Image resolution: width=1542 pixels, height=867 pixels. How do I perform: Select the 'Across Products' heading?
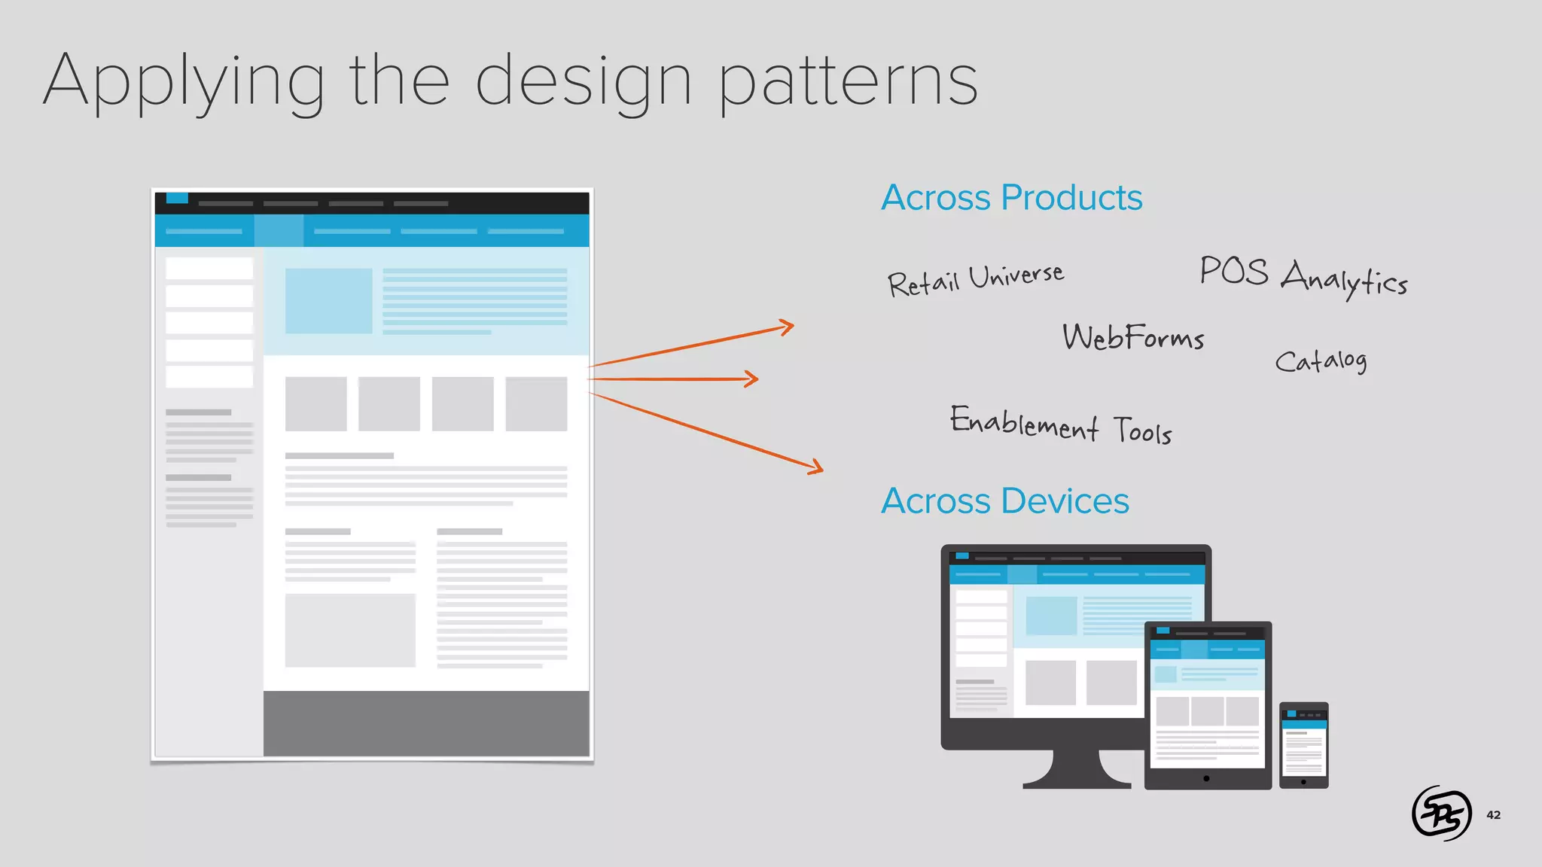pyautogui.click(x=1011, y=198)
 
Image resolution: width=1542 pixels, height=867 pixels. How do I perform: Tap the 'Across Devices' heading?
pyautogui.click(x=1004, y=501)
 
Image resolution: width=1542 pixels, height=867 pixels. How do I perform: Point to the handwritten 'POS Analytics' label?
pyautogui.click(x=1303, y=277)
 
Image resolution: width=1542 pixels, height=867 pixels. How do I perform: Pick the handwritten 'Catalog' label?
pyautogui.click(x=1321, y=361)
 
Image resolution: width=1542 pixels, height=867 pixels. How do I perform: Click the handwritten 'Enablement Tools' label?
pyautogui.click(x=1060, y=426)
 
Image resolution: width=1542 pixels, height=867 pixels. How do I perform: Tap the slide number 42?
pyautogui.click(x=1493, y=815)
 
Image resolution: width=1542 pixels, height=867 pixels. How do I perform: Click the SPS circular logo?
pyautogui.click(x=1441, y=813)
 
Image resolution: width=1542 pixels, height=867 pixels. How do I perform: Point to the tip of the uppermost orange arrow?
pyautogui.click(x=791, y=326)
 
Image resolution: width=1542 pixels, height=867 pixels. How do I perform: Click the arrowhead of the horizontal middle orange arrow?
pyautogui.click(x=755, y=379)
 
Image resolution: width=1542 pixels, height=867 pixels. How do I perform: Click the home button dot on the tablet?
pyautogui.click(x=1207, y=779)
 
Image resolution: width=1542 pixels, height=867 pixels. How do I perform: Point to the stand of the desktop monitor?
pyautogui.click(x=1076, y=771)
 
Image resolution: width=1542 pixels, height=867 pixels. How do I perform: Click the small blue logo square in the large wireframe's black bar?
pyautogui.click(x=177, y=199)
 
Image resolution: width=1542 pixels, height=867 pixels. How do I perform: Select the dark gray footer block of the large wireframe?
pyautogui.click(x=426, y=723)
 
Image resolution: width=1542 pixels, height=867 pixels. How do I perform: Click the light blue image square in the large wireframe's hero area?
pyautogui.click(x=328, y=301)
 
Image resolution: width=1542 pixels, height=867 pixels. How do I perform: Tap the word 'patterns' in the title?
pyautogui.click(x=848, y=81)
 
